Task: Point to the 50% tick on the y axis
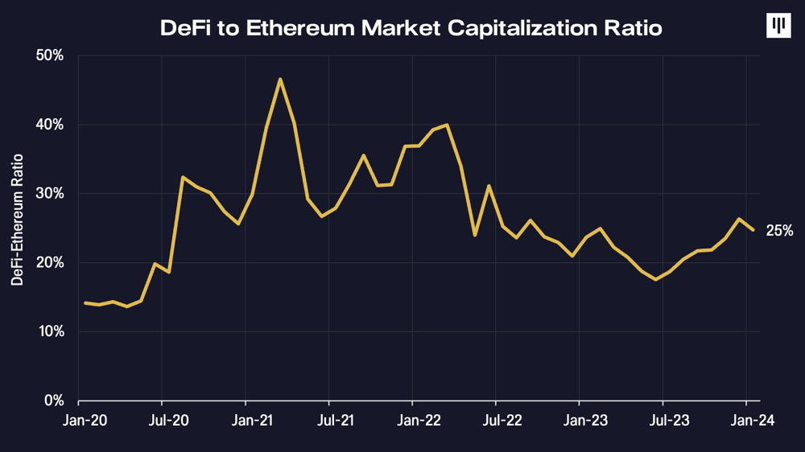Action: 49,55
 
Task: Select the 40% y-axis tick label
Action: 49,125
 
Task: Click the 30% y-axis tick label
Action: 49,194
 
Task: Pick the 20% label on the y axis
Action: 49,263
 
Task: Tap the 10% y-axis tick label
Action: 49,331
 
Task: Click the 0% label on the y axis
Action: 53,401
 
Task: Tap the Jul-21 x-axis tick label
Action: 328,420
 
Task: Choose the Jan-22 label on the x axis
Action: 412,420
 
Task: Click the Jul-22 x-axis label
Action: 496,420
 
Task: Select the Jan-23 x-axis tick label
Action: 579,420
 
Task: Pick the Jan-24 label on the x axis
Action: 745,420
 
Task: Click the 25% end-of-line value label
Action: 779,231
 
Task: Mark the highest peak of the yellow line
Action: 279,79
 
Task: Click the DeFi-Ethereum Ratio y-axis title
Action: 17,220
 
